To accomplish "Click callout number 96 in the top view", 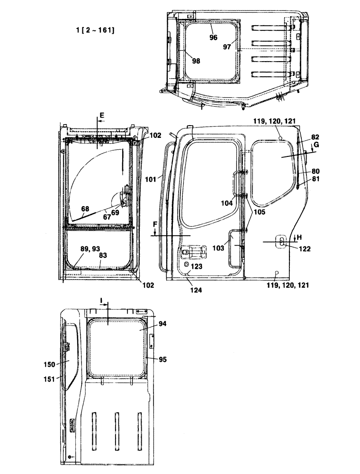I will coord(214,37).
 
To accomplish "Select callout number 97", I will coord(228,46).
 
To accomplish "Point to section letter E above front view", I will coord(101,115).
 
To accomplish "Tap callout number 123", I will coord(197,266).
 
